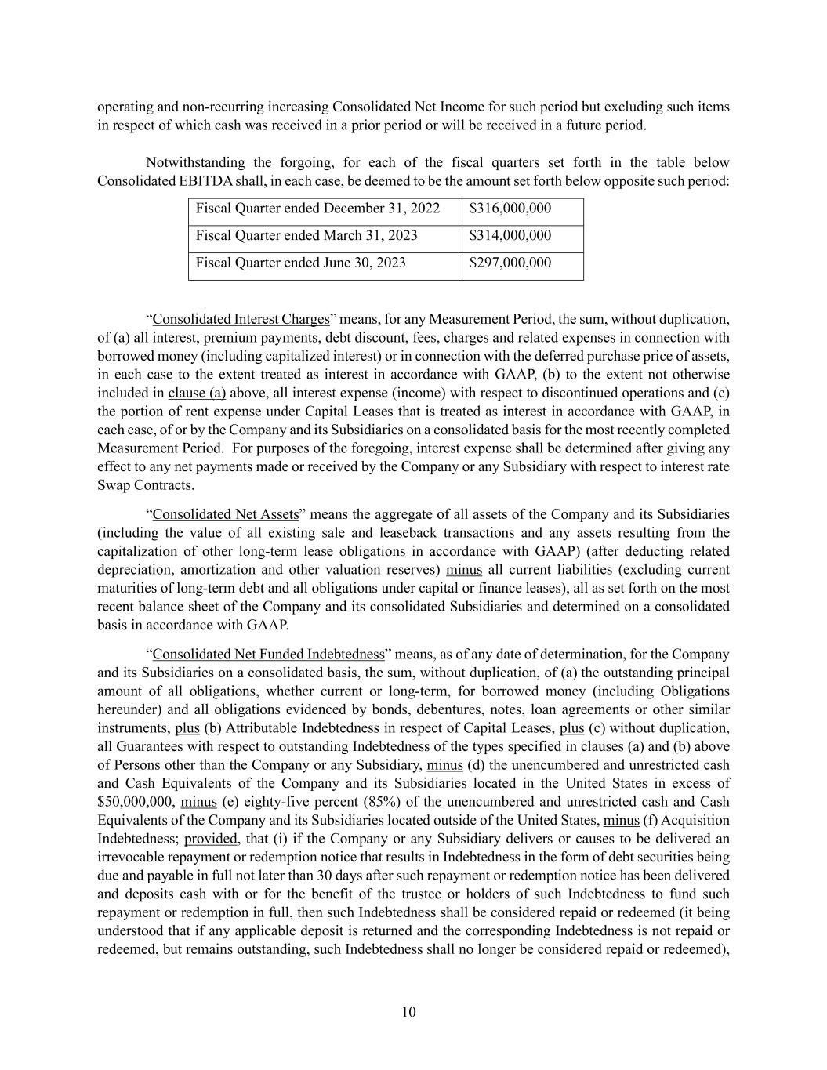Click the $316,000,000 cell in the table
coord(510,209)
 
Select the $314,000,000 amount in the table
coord(510,235)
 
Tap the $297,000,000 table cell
coord(510,263)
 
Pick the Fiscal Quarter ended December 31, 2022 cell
coord(317,209)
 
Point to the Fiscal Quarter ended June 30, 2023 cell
coord(300,263)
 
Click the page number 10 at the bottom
coord(408,1012)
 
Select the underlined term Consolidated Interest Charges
coord(241,319)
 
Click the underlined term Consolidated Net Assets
coord(226,514)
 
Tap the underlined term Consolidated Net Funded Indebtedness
coord(269,654)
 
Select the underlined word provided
coord(210,839)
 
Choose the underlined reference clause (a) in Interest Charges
coord(197,393)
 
